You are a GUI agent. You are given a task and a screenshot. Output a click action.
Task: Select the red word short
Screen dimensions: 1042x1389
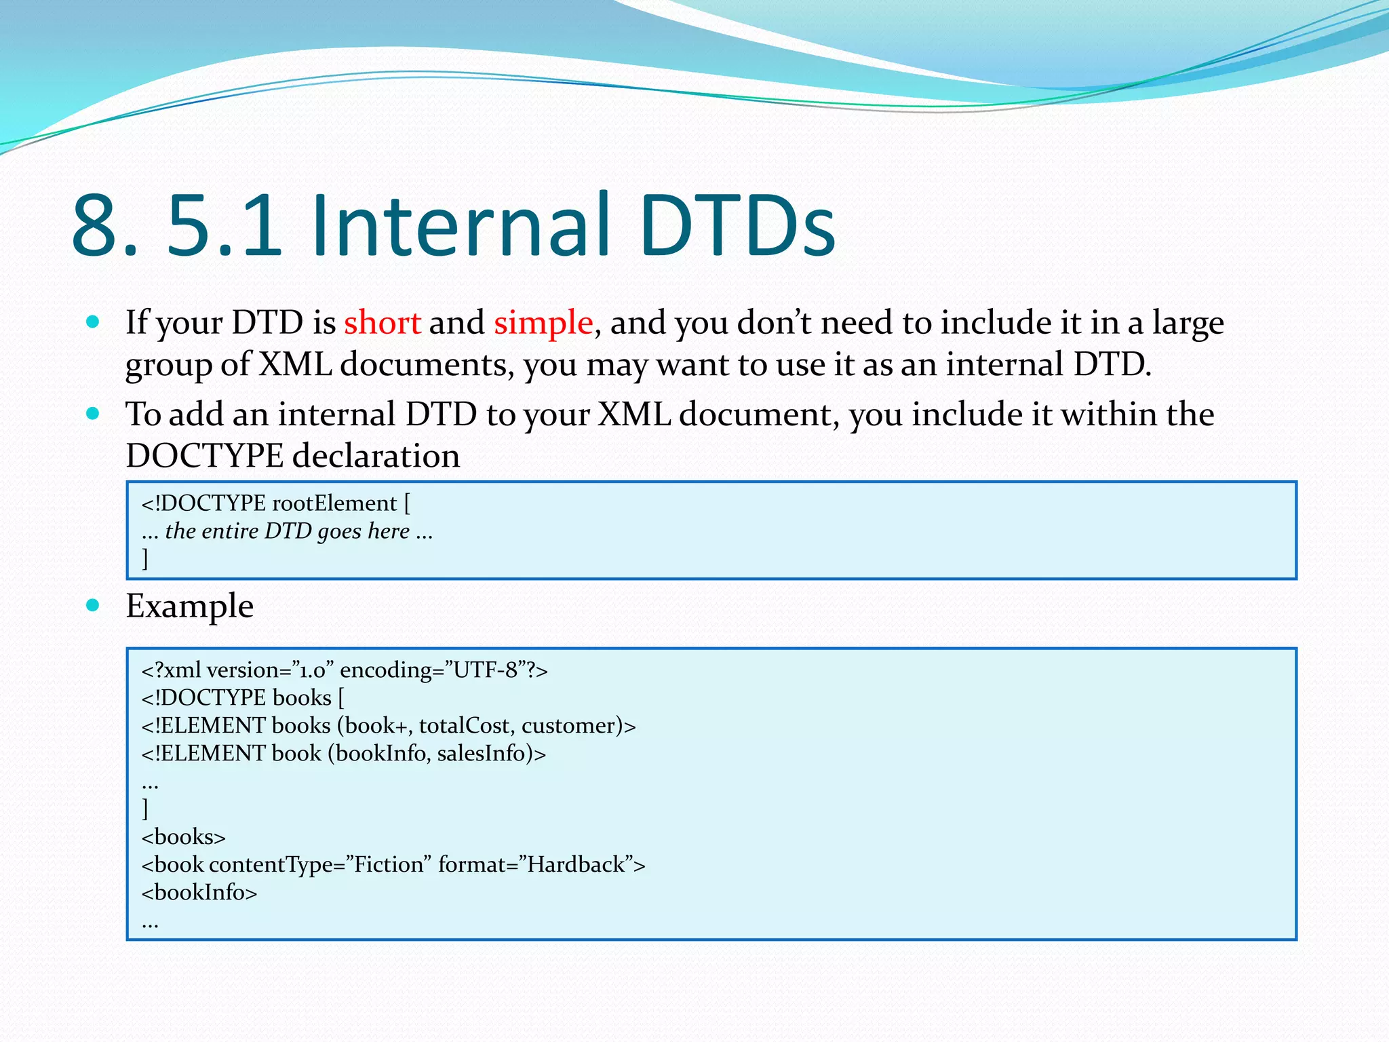pyautogui.click(x=382, y=322)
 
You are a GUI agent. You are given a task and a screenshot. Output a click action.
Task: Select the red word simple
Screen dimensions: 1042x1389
pyautogui.click(x=543, y=322)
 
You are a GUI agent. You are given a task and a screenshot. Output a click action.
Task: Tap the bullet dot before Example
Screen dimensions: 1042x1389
pyautogui.click(x=93, y=604)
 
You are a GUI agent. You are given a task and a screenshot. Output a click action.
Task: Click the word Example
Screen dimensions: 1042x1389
pyautogui.click(x=189, y=606)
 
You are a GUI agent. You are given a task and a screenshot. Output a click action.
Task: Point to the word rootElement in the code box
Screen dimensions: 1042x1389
pyautogui.click(x=334, y=503)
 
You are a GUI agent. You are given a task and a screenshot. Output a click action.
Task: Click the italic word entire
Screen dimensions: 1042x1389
pyautogui.click(x=229, y=531)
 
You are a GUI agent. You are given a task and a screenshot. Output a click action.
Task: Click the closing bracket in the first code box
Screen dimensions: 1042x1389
pyautogui.click(x=145, y=558)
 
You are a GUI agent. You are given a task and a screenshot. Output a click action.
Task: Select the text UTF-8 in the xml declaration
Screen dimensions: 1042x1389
pyautogui.click(x=486, y=670)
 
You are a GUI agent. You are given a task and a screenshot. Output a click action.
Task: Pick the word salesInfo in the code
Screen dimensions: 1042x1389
pyautogui.click(x=481, y=754)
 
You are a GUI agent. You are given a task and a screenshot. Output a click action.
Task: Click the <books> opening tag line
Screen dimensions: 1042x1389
pyautogui.click(x=183, y=837)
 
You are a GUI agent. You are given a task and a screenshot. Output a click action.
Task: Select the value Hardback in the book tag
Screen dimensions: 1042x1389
pyautogui.click(x=576, y=865)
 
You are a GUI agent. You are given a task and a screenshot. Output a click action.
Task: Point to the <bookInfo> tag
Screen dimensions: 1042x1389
pyautogui.click(x=199, y=893)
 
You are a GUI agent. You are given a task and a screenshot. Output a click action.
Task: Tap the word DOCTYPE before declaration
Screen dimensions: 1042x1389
pyautogui.click(x=204, y=456)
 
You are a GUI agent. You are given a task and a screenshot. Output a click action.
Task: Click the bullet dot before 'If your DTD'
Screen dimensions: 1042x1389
pyautogui.click(x=93, y=322)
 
